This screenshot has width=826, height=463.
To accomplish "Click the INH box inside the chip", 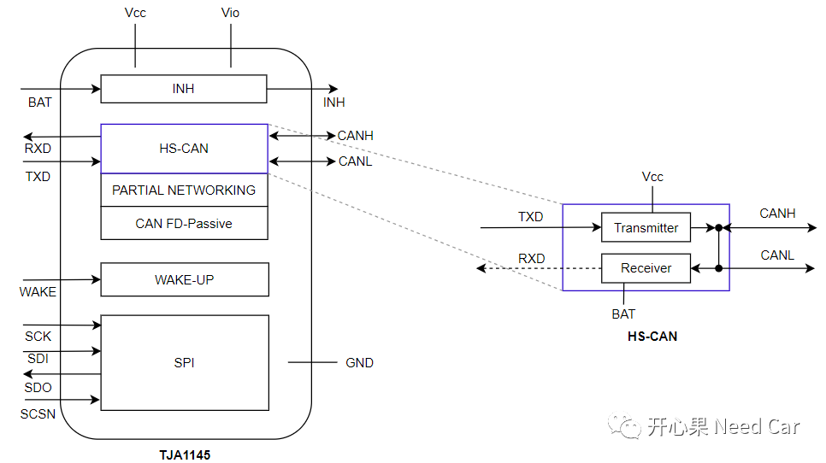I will coord(184,89).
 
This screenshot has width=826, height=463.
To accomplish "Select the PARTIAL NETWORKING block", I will coord(184,190).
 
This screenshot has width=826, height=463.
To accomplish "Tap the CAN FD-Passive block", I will coord(184,224).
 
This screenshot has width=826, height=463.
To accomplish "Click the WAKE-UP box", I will coord(184,279).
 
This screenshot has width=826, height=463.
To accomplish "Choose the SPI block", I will coord(184,362).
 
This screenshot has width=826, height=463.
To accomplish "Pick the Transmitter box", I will coord(646,228).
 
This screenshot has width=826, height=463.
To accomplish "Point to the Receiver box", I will coord(646,268).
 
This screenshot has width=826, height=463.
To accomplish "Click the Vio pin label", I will coord(231,13).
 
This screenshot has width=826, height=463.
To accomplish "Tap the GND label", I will coord(359,363).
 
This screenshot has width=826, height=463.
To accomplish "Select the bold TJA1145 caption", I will coord(185,454).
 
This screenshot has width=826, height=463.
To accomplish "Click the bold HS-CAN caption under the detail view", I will coord(652,337).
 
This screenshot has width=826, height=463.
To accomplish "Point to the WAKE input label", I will coord(38,292).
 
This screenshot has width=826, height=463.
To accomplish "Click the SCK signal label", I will coord(38,337).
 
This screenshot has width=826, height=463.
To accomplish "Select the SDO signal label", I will coord(38,388).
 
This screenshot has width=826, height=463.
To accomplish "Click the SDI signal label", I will coord(37,359).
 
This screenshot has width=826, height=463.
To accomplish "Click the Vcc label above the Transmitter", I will coord(652,177).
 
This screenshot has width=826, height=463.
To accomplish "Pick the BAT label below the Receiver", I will coord(623,314).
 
